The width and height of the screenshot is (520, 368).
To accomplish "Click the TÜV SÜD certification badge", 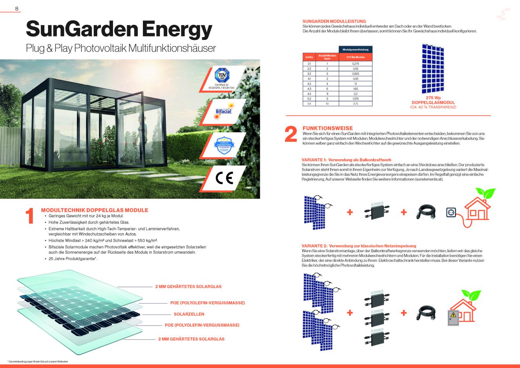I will click(x=222, y=74).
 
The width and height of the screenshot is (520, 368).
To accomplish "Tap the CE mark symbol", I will click(x=224, y=179).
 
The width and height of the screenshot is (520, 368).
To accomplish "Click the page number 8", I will click(x=17, y=9).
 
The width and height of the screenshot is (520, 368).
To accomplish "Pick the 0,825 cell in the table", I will click(x=355, y=73).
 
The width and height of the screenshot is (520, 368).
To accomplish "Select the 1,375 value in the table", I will click(x=355, y=99).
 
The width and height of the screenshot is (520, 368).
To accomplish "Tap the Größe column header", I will click(x=309, y=57).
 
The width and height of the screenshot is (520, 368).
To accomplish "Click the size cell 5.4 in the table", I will click(x=309, y=104).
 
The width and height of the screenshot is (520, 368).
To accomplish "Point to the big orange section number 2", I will click(x=290, y=135).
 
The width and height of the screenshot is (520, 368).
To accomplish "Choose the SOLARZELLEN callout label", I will click(x=189, y=314).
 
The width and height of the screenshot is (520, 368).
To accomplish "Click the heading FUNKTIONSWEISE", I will click(x=328, y=128).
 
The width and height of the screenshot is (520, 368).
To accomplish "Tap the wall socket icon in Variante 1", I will click(x=451, y=212).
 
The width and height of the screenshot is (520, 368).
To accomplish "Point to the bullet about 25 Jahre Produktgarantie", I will click(x=73, y=259).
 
